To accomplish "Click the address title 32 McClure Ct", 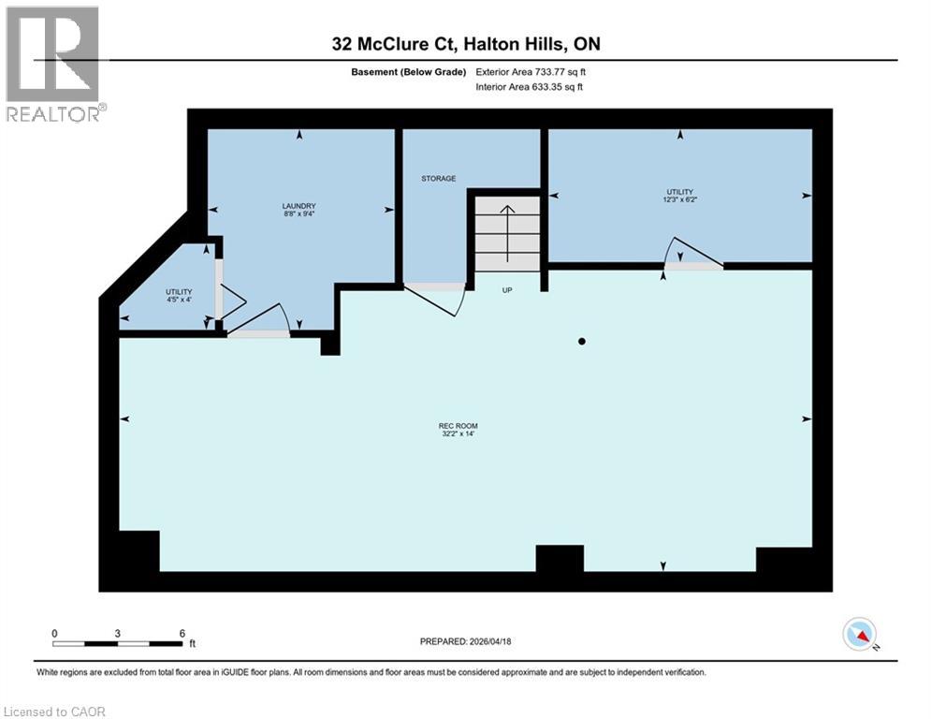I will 465,44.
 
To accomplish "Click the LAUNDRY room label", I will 299,206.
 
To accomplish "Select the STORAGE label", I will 438,178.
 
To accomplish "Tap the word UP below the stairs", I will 507,290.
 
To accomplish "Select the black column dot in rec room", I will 581,342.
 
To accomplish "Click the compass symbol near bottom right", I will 859,634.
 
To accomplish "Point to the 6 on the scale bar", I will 182,633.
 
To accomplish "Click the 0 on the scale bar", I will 54,633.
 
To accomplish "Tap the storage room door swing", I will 436,299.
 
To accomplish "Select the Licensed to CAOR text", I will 54,712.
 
